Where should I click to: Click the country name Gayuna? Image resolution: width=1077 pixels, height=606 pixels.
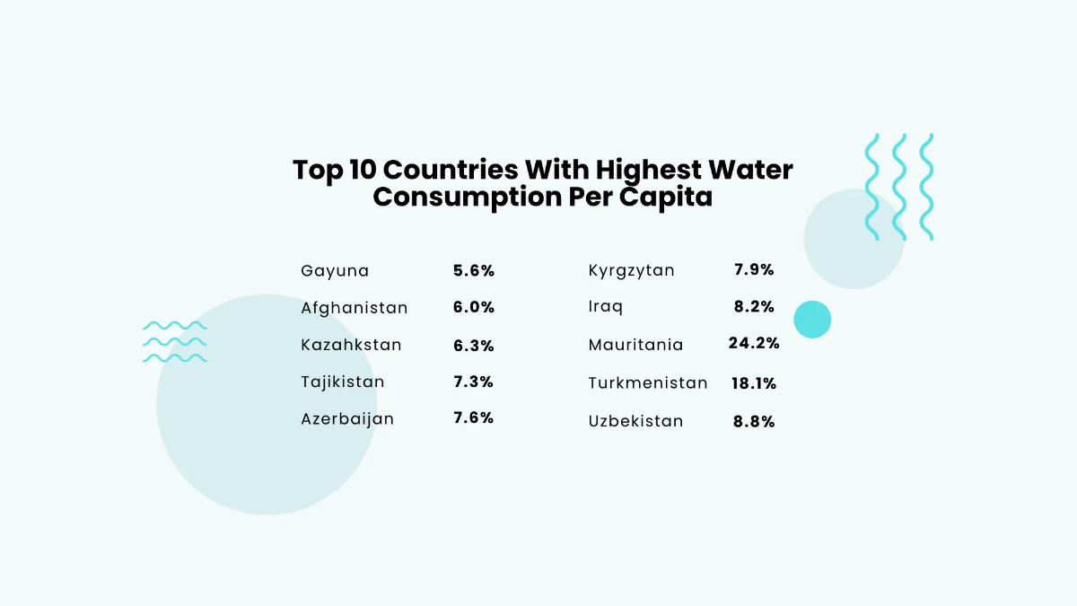click(x=335, y=271)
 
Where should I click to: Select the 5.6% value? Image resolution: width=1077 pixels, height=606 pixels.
click(x=474, y=270)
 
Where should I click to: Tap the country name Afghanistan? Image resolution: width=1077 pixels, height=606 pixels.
click(x=355, y=308)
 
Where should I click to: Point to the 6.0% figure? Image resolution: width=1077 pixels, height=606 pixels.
click(x=474, y=307)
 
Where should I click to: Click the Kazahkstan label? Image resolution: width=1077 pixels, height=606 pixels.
click(x=351, y=345)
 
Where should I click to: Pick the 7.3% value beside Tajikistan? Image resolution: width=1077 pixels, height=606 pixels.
click(x=474, y=382)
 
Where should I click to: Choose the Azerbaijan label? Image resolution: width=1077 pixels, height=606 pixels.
click(x=347, y=419)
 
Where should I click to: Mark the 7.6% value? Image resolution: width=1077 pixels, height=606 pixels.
click(x=474, y=418)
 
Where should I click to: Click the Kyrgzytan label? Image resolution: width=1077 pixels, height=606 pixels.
click(x=632, y=271)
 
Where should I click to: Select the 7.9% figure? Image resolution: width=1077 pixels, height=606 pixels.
click(x=754, y=269)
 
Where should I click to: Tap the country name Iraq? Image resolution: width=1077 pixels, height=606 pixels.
click(x=606, y=307)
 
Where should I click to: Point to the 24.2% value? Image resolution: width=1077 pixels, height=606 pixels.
click(x=754, y=343)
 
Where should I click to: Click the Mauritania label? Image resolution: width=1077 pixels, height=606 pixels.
click(x=635, y=345)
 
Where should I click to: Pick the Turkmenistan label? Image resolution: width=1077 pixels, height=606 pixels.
click(x=648, y=383)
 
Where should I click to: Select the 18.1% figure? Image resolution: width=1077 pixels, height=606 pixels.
click(x=754, y=383)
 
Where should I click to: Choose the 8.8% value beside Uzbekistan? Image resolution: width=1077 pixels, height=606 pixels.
click(x=754, y=421)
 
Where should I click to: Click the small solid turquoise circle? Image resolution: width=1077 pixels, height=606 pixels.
click(x=812, y=320)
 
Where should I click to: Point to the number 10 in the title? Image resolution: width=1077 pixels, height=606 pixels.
click(x=363, y=170)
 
